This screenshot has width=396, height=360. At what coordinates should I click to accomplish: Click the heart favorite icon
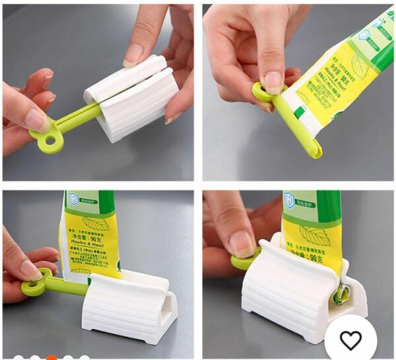[x=350, y=341]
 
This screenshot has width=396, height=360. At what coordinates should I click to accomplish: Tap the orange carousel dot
[x=51, y=357]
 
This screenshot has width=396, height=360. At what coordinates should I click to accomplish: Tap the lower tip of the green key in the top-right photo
[x=314, y=153]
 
